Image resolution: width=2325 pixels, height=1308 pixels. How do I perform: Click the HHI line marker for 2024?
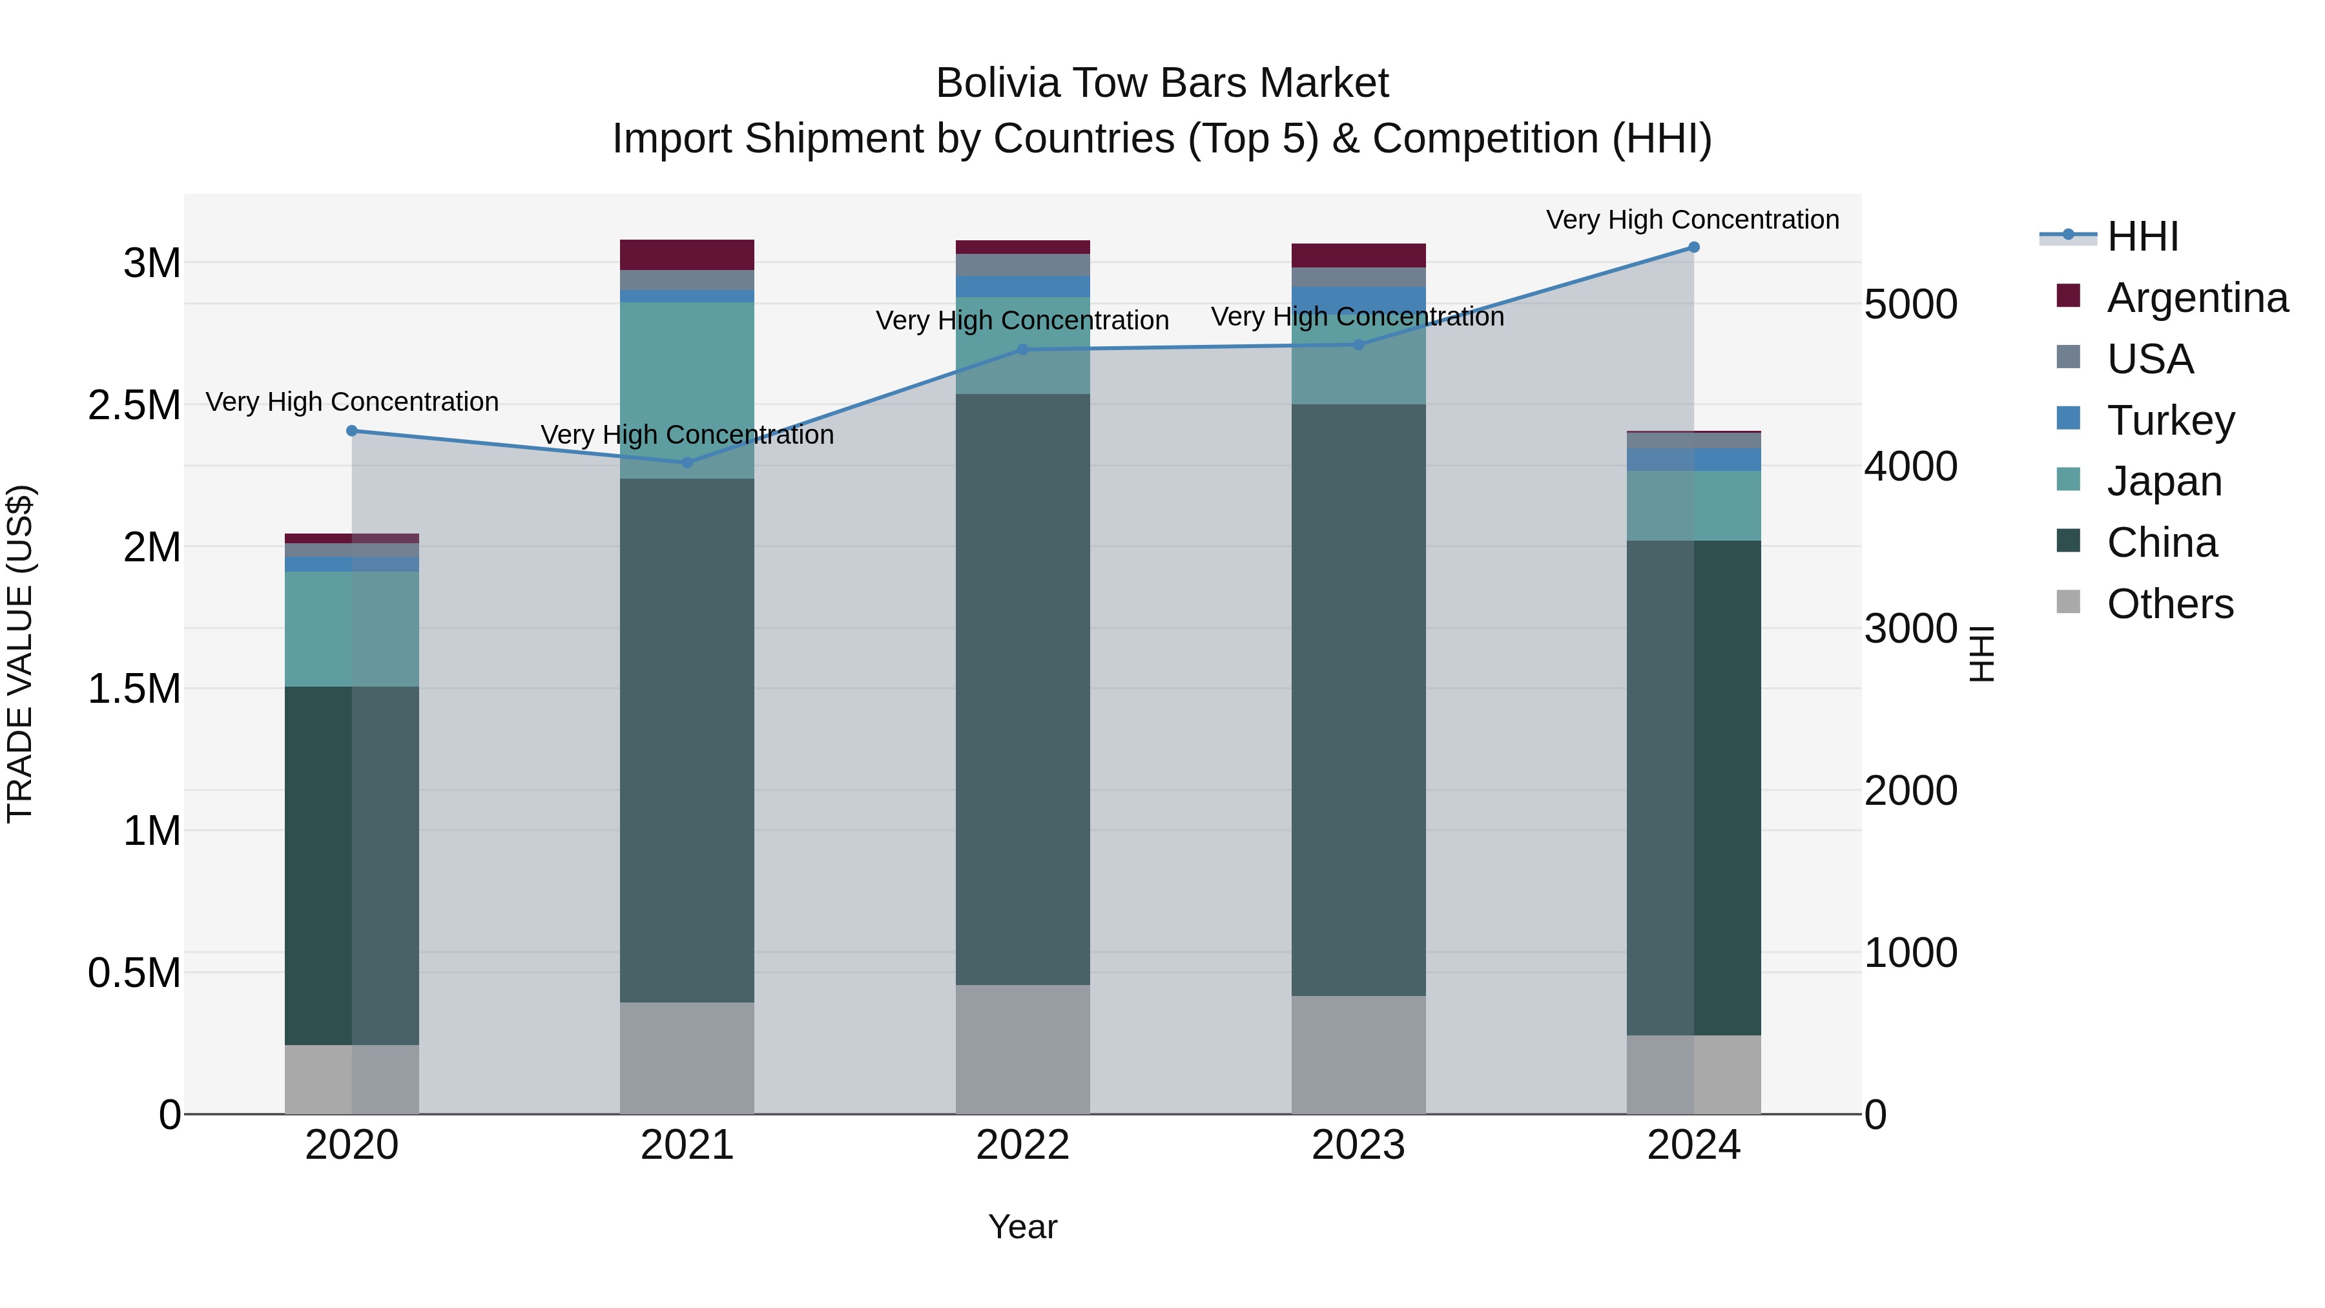point(1693,247)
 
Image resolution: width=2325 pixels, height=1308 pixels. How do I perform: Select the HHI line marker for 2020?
point(352,431)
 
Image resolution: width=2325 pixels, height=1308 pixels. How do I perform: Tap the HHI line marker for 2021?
point(687,463)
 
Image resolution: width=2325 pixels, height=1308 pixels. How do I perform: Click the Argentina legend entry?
point(2197,298)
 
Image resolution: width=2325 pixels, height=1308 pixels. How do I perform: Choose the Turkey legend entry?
point(2170,420)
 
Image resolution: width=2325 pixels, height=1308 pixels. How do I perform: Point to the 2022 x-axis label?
point(1022,1145)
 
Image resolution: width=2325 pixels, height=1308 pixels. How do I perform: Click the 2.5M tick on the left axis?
point(134,405)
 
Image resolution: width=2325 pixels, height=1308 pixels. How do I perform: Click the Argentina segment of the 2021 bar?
point(687,254)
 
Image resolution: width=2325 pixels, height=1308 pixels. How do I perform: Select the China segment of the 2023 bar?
point(1358,700)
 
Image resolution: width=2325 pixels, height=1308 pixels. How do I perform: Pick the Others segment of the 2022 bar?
point(1022,1049)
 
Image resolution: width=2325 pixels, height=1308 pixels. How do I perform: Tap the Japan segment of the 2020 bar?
point(352,628)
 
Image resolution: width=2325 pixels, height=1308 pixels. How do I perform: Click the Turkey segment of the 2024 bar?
point(1693,459)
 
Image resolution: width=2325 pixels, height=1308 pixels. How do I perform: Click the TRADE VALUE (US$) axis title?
point(20,654)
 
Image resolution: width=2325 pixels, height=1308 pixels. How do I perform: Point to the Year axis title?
point(1022,1227)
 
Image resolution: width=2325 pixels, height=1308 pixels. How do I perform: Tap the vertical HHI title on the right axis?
point(1981,654)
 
